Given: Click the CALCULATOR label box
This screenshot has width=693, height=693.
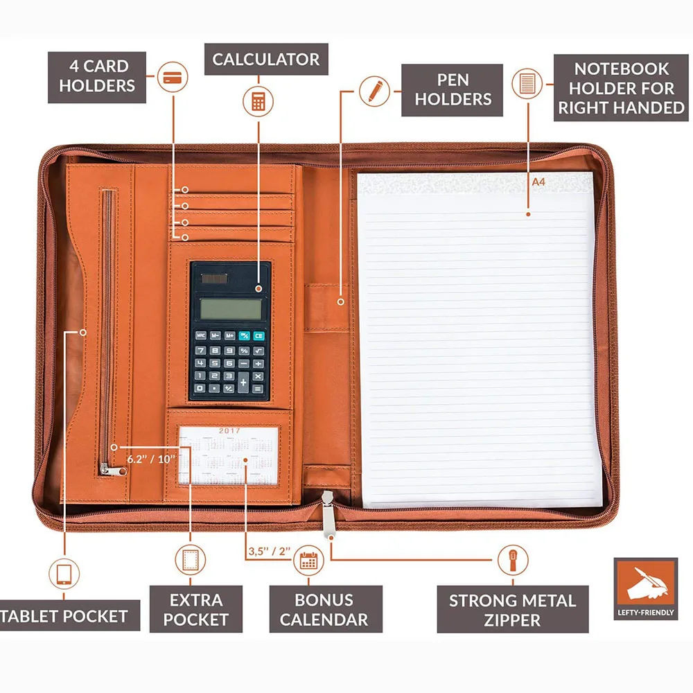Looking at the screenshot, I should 266,60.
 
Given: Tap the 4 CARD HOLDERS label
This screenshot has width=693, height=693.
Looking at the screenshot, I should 97,76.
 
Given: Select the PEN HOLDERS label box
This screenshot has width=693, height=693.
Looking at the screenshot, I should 453,90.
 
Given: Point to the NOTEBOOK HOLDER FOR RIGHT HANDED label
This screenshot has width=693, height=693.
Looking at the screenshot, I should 621,88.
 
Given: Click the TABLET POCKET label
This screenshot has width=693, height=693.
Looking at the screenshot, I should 66,615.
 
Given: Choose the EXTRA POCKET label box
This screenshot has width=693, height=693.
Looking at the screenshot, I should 196,609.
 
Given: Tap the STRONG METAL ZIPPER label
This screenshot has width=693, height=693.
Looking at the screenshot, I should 512,609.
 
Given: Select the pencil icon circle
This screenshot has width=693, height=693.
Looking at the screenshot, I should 375,91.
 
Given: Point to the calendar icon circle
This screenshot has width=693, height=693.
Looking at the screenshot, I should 308,560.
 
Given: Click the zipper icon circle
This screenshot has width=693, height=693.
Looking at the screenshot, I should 512,559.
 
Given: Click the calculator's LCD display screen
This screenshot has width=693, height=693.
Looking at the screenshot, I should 230,308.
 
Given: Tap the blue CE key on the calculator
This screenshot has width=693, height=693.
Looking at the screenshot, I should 258,335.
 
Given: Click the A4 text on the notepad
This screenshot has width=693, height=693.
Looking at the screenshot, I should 538,182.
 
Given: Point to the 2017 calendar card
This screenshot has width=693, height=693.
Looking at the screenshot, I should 229,455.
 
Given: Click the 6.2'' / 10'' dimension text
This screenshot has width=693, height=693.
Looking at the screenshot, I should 150,458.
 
